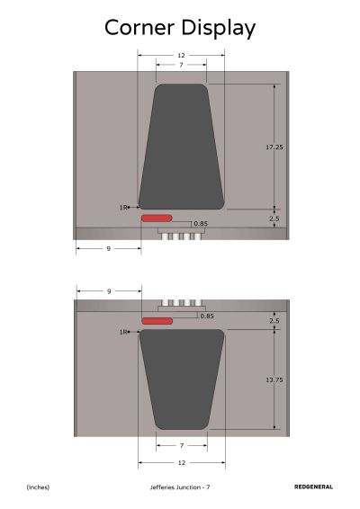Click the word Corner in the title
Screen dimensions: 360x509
139,28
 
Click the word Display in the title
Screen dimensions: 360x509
219,29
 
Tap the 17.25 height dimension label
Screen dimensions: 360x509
274,147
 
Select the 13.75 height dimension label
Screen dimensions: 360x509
274,380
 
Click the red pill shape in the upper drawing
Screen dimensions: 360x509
157,219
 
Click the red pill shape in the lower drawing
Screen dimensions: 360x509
157,321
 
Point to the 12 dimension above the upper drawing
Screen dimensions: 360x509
181,56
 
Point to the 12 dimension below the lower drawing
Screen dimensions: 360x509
182,462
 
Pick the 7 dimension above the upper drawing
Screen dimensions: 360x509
181,65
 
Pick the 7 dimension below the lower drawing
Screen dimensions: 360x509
182,446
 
